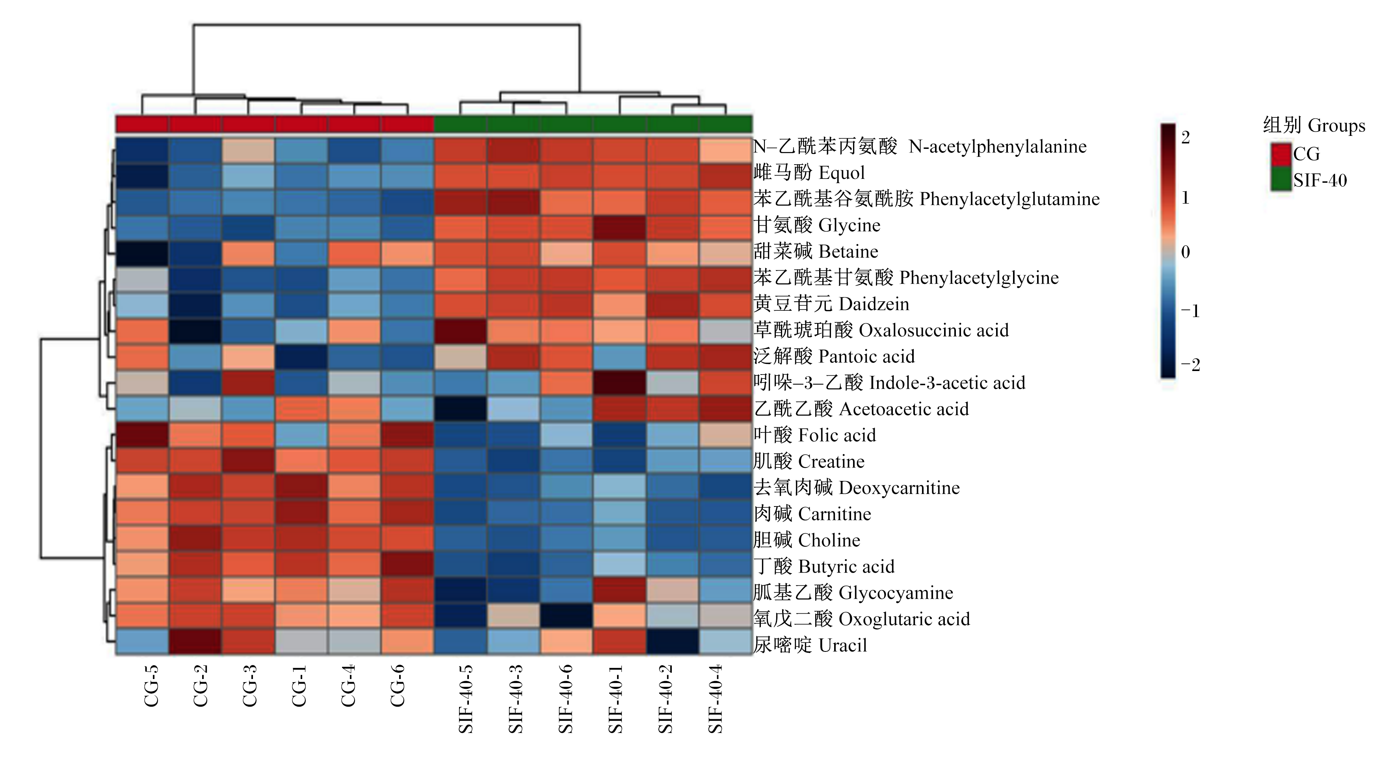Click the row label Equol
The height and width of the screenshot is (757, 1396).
(841, 173)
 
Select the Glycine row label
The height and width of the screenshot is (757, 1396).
(849, 225)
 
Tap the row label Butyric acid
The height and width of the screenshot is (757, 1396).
(846, 567)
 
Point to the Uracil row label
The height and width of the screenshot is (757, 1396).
(843, 646)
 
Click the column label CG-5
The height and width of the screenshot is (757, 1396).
(151, 686)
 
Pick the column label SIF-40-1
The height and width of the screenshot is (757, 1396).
(615, 699)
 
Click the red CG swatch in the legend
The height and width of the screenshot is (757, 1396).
(1281, 154)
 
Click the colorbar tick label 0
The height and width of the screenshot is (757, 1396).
(1186, 251)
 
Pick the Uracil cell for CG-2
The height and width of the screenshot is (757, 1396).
(195, 642)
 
